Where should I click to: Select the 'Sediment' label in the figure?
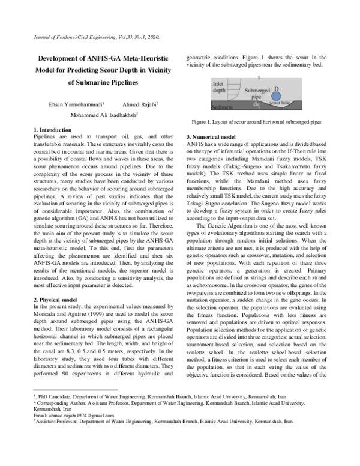pos(222,108)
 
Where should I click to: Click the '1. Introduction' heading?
pos(52,130)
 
